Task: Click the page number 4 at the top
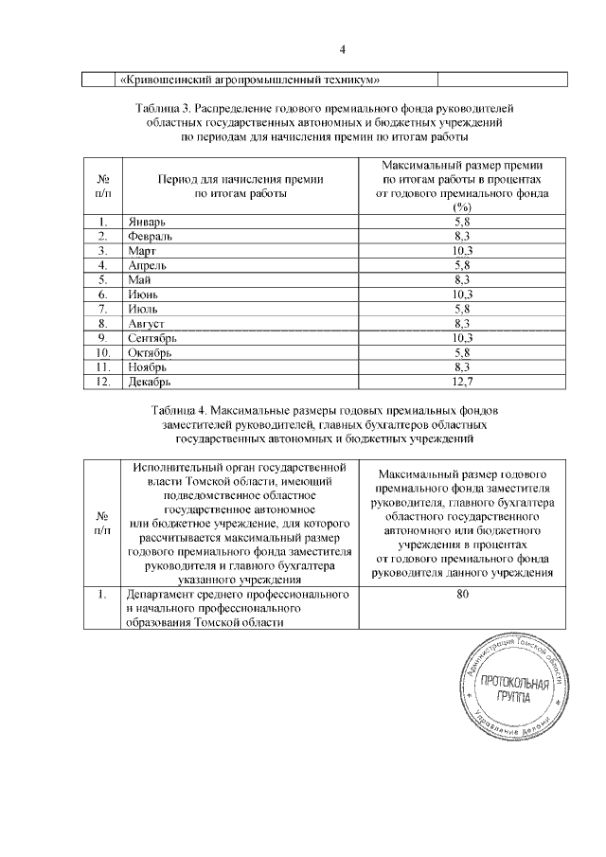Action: click(x=344, y=50)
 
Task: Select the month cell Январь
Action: click(x=145, y=222)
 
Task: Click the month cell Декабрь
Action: click(x=149, y=382)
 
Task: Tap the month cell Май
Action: click(x=138, y=280)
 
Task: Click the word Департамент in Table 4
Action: click(x=155, y=594)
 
